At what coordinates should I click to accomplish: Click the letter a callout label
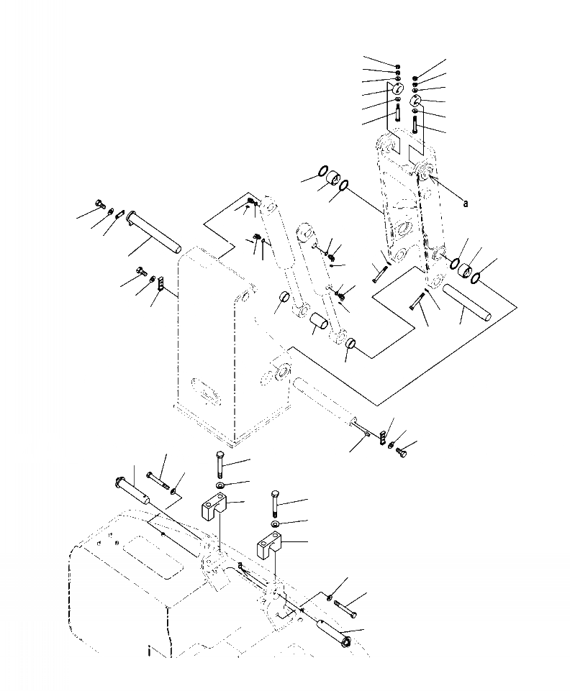point(466,203)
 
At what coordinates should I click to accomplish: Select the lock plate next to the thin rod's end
point(384,436)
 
